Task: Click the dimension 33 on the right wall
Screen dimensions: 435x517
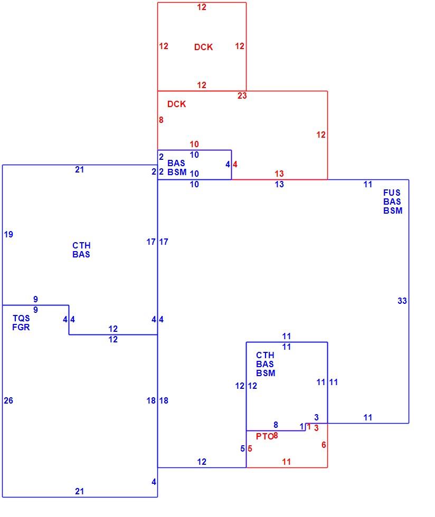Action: pyautogui.click(x=402, y=301)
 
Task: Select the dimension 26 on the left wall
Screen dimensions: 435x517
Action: pyautogui.click(x=8, y=400)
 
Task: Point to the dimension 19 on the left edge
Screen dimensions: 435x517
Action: pyautogui.click(x=8, y=234)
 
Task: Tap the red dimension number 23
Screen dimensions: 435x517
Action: pyautogui.click(x=242, y=95)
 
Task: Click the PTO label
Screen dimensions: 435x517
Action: pyautogui.click(x=264, y=437)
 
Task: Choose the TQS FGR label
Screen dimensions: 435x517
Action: pyautogui.click(x=21, y=322)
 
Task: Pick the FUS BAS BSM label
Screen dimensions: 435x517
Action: pyautogui.click(x=393, y=202)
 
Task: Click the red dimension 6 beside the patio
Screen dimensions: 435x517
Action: pyautogui.click(x=324, y=445)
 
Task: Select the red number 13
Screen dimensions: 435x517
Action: pyautogui.click(x=279, y=174)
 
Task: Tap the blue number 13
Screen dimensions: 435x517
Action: pyautogui.click(x=279, y=184)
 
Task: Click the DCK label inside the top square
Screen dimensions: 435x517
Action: pyautogui.click(x=203, y=47)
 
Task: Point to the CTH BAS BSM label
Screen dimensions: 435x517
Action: pyautogui.click(x=266, y=364)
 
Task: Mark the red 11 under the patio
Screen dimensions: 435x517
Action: pyautogui.click(x=287, y=462)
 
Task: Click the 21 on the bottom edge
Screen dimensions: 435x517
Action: pyautogui.click(x=79, y=491)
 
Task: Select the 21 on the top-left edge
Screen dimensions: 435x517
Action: pyautogui.click(x=79, y=169)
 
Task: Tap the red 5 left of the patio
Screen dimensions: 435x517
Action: pyautogui.click(x=250, y=448)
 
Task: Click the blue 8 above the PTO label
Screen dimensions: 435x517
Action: pyautogui.click(x=276, y=425)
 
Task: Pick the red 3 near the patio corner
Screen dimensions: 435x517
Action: pyautogui.click(x=316, y=428)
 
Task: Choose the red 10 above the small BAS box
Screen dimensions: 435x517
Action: pyautogui.click(x=194, y=144)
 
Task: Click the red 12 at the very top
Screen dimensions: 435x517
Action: pyautogui.click(x=201, y=7)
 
